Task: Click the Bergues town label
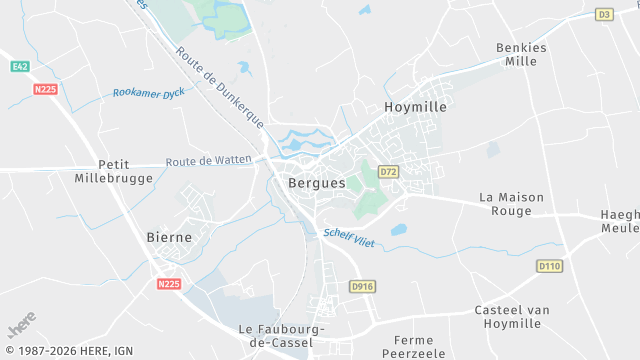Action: (x=316, y=184)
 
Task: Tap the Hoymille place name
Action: (x=415, y=105)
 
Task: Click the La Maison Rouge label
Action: (x=512, y=204)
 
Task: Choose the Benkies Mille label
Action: (x=522, y=54)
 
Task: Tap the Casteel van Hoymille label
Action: (x=512, y=317)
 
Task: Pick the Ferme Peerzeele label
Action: (x=413, y=347)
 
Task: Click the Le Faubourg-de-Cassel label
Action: (x=276, y=335)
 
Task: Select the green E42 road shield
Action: (x=19, y=66)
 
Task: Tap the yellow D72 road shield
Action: (x=389, y=172)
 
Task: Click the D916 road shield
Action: (x=361, y=286)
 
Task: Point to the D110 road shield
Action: (x=549, y=266)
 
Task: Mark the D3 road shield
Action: (x=603, y=14)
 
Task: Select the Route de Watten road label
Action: (x=208, y=161)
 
